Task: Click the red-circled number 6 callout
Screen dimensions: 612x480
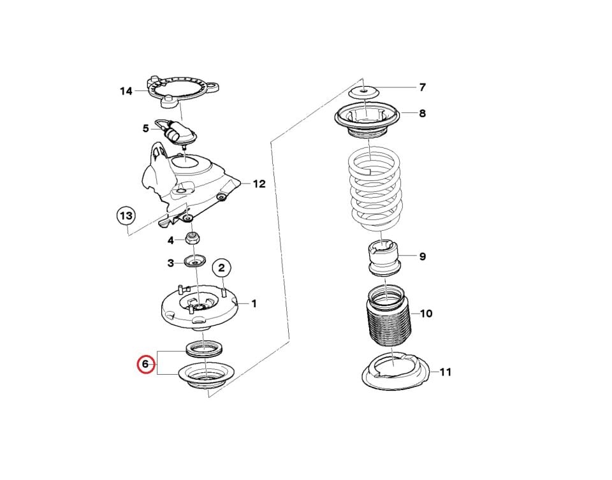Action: [145, 364]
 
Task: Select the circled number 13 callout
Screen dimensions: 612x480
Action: [126, 215]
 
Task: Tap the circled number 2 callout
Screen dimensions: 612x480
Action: [222, 268]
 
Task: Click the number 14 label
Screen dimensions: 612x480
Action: [126, 91]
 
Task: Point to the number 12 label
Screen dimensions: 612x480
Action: [259, 184]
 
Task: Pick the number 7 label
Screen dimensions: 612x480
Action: [422, 87]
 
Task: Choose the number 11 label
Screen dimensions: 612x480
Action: [446, 372]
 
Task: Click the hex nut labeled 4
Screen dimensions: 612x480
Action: [193, 238]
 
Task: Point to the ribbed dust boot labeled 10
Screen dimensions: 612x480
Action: [389, 316]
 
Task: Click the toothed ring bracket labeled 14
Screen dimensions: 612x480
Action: [182, 92]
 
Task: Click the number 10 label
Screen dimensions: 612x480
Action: [426, 314]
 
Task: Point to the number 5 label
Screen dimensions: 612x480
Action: [145, 128]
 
